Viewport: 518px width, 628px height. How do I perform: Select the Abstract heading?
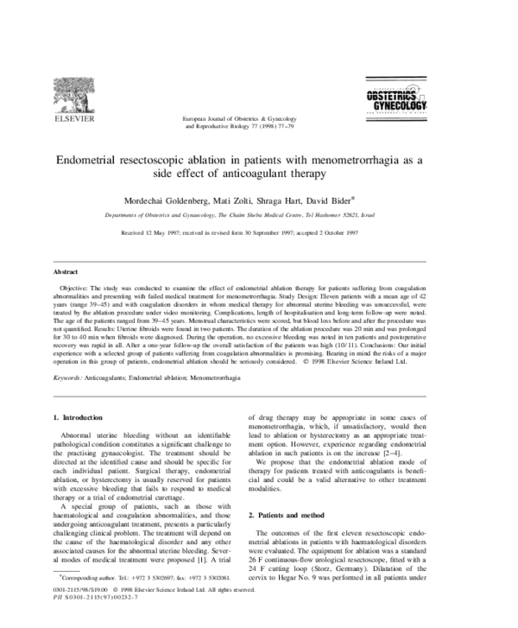pyautogui.click(x=67, y=272)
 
